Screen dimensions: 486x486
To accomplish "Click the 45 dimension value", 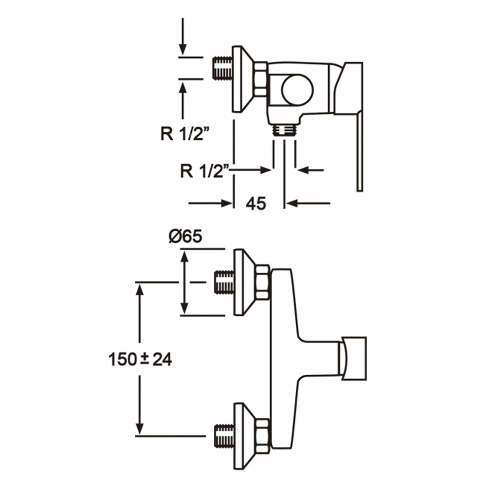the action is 256,203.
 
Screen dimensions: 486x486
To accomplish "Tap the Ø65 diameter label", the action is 186,237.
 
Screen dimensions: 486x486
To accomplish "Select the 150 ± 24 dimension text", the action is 140,359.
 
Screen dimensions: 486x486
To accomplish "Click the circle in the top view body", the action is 297,90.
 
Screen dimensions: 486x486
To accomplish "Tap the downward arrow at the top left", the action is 183,36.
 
